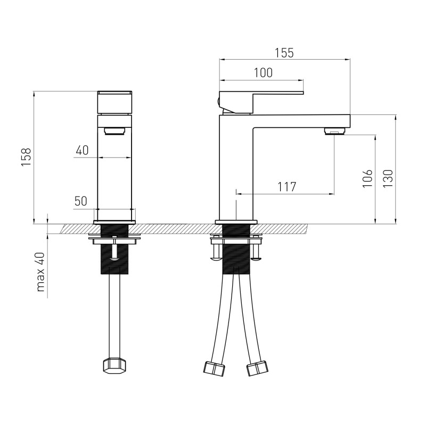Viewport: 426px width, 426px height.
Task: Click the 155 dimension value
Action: pyautogui.click(x=284, y=53)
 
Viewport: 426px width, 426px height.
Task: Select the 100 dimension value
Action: pyautogui.click(x=263, y=73)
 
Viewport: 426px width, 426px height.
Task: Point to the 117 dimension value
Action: pyautogui.click(x=286, y=187)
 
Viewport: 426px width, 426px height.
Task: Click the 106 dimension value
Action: pyautogui.click(x=367, y=178)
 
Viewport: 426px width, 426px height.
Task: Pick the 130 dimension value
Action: pyautogui.click(x=388, y=178)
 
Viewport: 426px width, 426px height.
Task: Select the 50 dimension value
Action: pyautogui.click(x=81, y=201)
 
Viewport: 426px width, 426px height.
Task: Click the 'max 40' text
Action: pyautogui.click(x=40, y=272)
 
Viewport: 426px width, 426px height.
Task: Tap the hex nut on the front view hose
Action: pyautogui.click(x=114, y=366)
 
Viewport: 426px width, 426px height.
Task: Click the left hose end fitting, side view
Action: pyautogui.click(x=215, y=368)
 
